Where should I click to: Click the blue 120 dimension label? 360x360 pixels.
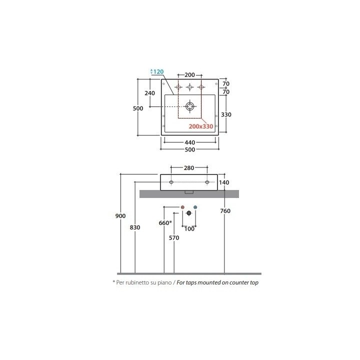pyautogui.click(x=158, y=71)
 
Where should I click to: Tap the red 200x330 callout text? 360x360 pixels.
pyautogui.click(x=201, y=126)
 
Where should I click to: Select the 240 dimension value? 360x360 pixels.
pyautogui.click(x=149, y=93)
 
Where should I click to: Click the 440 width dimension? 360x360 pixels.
pyautogui.click(x=190, y=142)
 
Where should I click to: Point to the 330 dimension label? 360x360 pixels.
pyautogui.click(x=226, y=114)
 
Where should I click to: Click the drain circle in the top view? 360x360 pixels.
pyautogui.click(x=190, y=106)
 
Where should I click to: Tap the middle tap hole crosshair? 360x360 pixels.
pyautogui.click(x=189, y=87)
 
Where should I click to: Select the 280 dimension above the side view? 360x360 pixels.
pyautogui.click(x=189, y=168)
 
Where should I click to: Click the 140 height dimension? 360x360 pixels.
pyautogui.click(x=224, y=182)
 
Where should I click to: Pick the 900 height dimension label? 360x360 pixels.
pyautogui.click(x=120, y=216)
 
